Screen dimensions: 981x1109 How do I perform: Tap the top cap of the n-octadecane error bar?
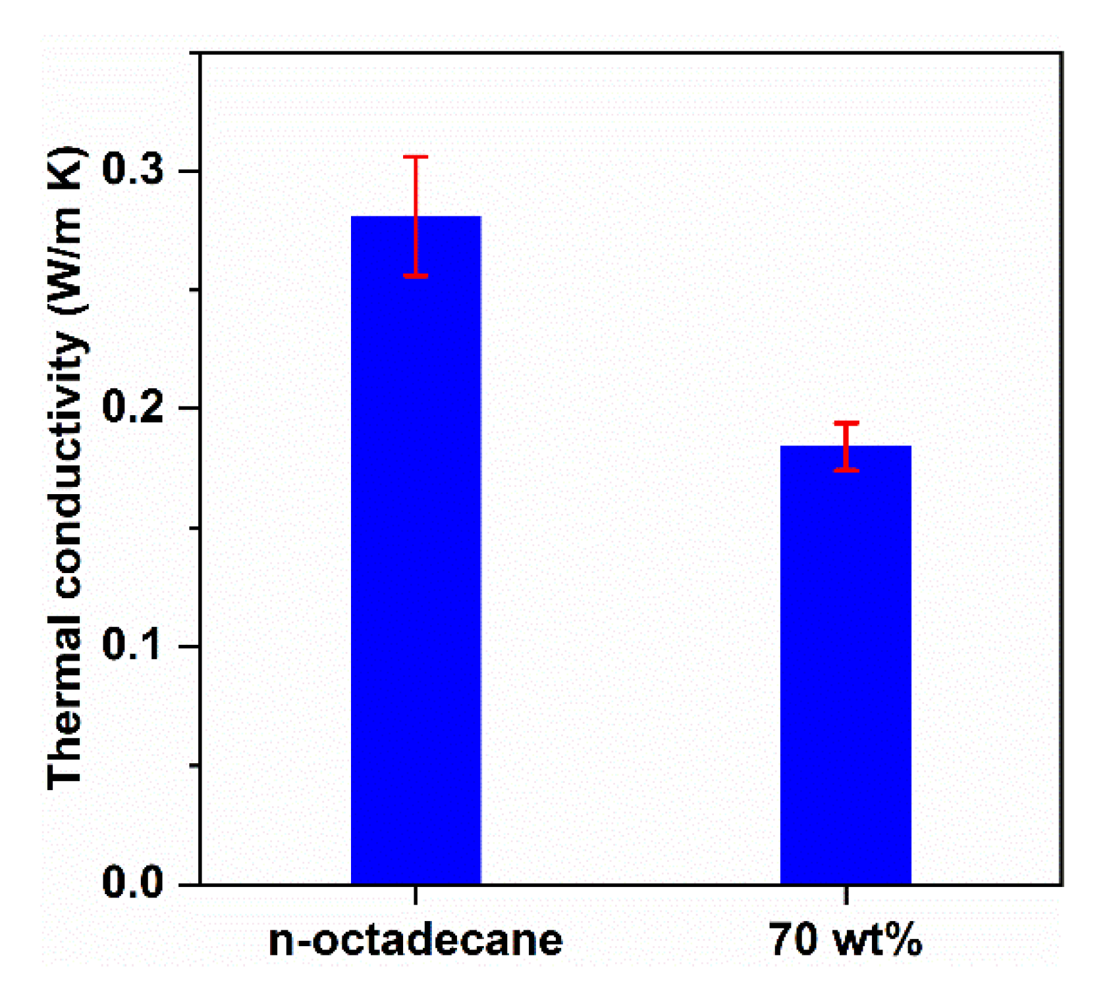click(416, 157)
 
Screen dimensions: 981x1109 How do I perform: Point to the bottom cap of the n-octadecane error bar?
click(416, 276)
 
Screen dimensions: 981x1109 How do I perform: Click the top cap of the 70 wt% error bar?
click(846, 423)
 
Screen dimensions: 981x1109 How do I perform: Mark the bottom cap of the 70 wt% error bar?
click(846, 470)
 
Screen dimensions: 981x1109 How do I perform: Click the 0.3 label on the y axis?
click(132, 170)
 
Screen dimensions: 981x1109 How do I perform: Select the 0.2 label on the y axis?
click(132, 407)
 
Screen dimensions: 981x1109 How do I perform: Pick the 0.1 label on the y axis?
click(132, 645)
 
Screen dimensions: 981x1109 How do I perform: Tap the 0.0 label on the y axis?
click(132, 882)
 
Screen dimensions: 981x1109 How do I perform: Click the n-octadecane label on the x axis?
click(416, 940)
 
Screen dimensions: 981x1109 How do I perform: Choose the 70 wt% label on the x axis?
click(846, 940)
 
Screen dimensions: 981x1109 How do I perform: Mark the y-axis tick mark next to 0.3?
click(189, 171)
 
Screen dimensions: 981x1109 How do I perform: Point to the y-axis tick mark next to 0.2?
click(189, 408)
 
